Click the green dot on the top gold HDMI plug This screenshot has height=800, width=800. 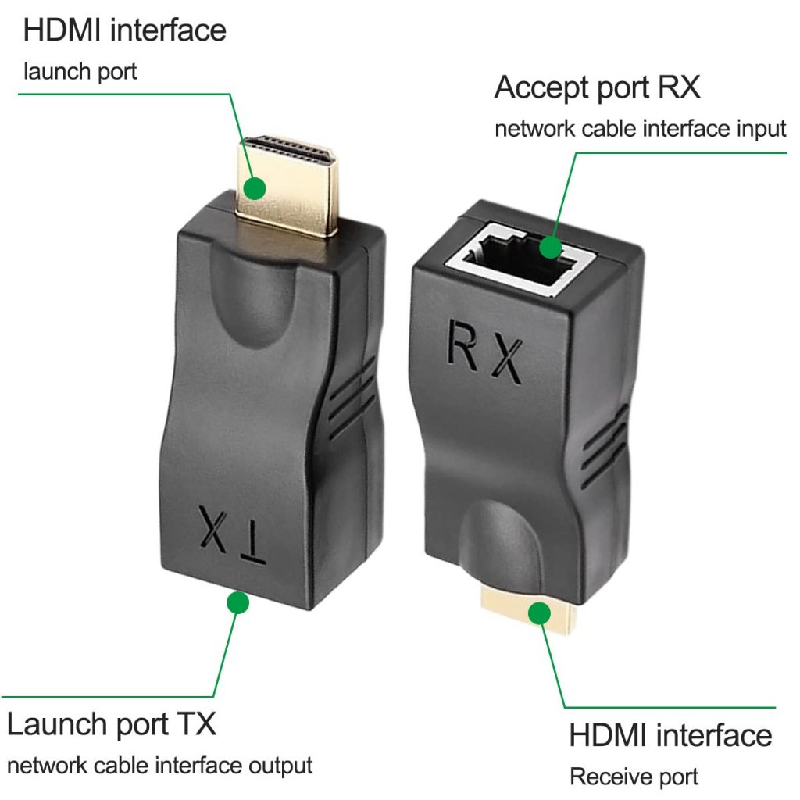pyautogui.click(x=254, y=188)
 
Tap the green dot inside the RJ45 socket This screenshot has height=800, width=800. pyautogui.click(x=550, y=248)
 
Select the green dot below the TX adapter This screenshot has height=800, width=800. pyautogui.click(x=237, y=602)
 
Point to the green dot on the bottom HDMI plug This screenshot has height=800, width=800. pyautogui.click(x=537, y=613)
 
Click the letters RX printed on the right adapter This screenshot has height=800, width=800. pyautogui.click(x=484, y=349)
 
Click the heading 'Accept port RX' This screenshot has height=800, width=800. pyautogui.click(x=597, y=87)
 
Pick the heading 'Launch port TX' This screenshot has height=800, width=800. pyautogui.click(x=111, y=723)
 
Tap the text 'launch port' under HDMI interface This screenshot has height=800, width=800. pyautogui.click(x=80, y=72)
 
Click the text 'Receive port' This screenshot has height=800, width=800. pyautogui.click(x=634, y=777)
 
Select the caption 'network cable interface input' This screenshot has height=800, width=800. pyautogui.click(x=640, y=128)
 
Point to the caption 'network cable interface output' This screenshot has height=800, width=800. pyautogui.click(x=159, y=765)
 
